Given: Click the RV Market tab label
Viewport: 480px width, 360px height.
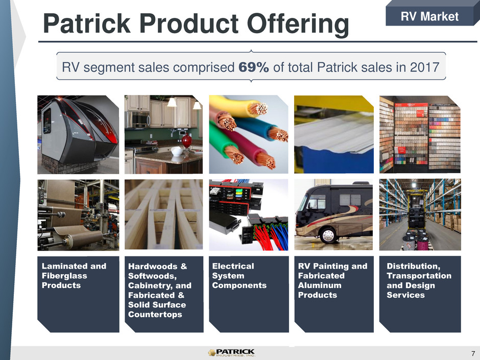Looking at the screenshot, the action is (x=429, y=16).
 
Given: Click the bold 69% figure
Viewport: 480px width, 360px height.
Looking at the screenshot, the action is (x=253, y=67).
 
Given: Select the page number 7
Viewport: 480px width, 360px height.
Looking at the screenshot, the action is (x=473, y=353).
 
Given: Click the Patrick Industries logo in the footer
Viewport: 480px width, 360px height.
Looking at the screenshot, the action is (x=231, y=353).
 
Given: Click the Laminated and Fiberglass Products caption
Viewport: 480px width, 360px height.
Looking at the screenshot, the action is (x=74, y=276).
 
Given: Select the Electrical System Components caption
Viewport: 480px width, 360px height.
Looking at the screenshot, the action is (x=239, y=276).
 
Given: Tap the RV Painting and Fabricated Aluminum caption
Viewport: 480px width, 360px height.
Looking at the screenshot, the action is (x=332, y=280).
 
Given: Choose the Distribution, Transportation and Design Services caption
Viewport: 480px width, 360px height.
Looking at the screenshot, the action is (x=419, y=280).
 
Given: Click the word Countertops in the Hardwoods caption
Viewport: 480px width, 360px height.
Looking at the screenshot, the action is (x=155, y=314).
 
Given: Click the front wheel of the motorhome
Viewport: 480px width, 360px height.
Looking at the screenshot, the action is (x=328, y=235).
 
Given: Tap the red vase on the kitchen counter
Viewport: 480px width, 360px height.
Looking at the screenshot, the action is (x=187, y=142).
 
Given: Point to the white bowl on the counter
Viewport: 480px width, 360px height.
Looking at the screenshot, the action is (x=177, y=151).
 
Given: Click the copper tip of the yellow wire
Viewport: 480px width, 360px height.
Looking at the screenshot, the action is (x=258, y=109).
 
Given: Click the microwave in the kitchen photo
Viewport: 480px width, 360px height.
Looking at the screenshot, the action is (x=138, y=119).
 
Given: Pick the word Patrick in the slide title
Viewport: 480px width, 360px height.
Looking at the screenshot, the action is (x=87, y=23).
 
